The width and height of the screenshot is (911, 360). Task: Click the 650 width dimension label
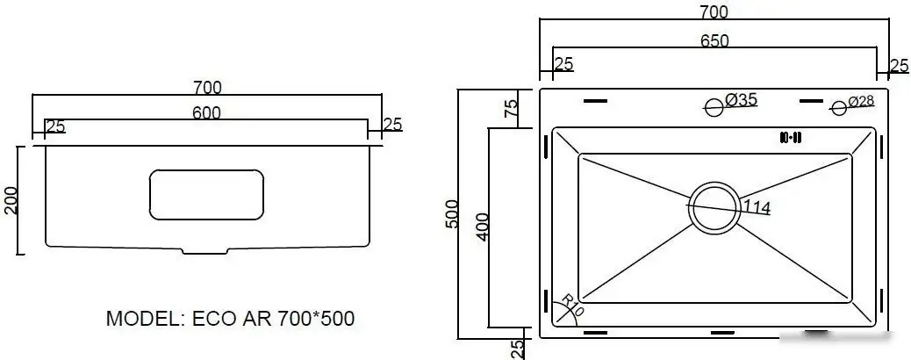point(715,41)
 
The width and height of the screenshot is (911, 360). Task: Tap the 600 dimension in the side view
point(206,112)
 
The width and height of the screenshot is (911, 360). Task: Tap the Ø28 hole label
point(861,102)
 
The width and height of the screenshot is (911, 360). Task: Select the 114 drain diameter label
point(757,208)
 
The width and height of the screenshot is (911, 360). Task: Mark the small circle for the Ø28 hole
point(839,108)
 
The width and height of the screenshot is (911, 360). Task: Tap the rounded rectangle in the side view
point(206,195)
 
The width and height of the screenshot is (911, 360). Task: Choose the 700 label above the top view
point(715,12)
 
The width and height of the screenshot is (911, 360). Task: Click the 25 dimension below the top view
point(518,349)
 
